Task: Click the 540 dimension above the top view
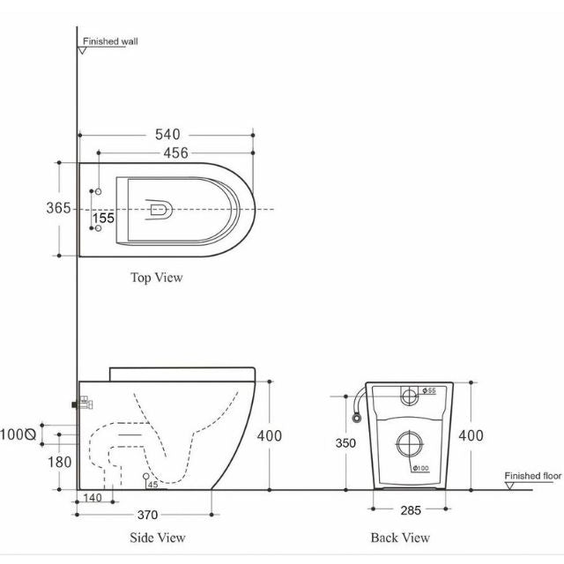[167, 135]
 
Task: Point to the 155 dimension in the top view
[104, 218]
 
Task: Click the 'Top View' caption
[157, 278]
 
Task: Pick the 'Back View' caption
[401, 538]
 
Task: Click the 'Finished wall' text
[110, 41]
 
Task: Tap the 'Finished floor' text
[533, 476]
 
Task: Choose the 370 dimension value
[146, 515]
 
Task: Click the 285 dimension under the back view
[409, 509]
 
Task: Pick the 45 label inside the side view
[153, 484]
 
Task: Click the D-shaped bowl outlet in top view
[160, 210]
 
